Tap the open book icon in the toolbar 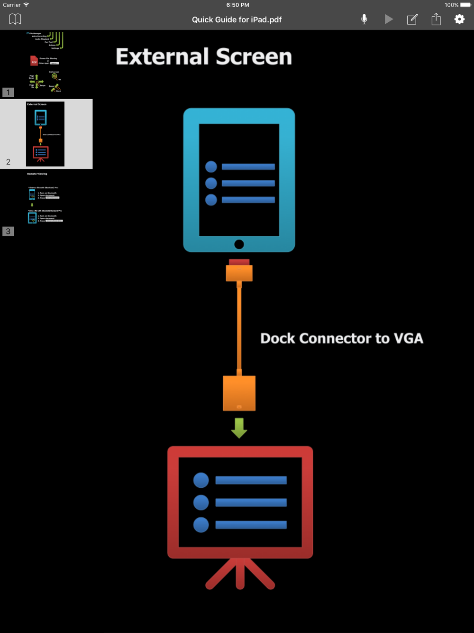click(x=15, y=19)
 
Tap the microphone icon click(x=364, y=19)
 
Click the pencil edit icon click(x=412, y=19)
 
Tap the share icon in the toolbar click(x=436, y=19)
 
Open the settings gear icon click(x=459, y=19)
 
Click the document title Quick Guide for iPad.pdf click(x=237, y=19)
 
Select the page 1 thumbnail click(x=46, y=63)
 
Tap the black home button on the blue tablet click(x=239, y=244)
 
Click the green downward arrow click(x=239, y=428)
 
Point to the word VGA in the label click(x=408, y=338)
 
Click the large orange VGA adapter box click(x=239, y=393)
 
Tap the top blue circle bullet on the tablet click(x=211, y=167)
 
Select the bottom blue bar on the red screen click(x=251, y=524)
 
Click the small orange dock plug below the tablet click(x=239, y=272)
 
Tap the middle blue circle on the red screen click(x=201, y=502)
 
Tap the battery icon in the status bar click(x=465, y=5)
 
